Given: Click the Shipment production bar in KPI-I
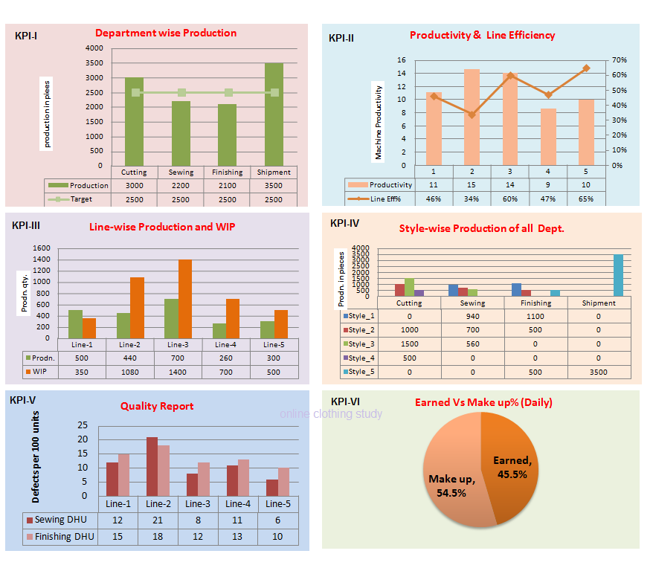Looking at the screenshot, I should (x=274, y=115).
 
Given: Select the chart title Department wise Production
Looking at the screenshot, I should (x=166, y=33).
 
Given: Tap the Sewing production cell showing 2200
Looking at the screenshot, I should (x=181, y=185).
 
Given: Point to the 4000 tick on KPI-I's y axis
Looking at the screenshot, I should (x=94, y=48).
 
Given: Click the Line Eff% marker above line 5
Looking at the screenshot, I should (x=586, y=68).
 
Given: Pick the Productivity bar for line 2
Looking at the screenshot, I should (x=472, y=117).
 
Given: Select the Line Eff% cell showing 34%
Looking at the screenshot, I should (x=472, y=199).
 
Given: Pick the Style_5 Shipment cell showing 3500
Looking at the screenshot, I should (x=599, y=372).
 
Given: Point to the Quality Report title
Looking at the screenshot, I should (x=157, y=406).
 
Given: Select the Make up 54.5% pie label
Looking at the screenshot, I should (x=451, y=485).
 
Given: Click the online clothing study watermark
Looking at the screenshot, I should (x=331, y=414).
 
